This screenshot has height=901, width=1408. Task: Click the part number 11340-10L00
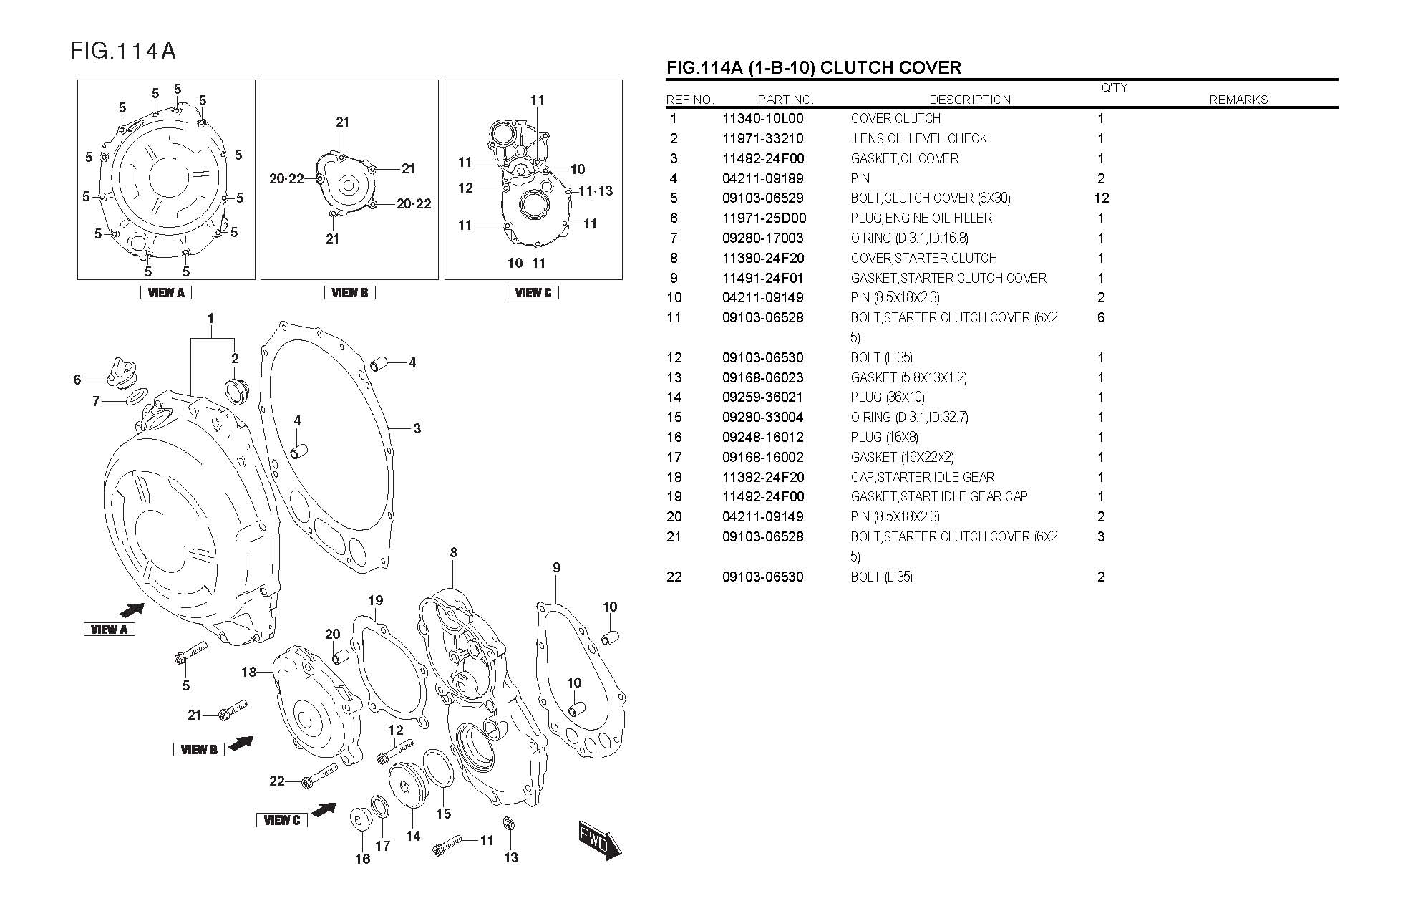[x=762, y=119]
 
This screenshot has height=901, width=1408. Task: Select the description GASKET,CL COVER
[x=904, y=159]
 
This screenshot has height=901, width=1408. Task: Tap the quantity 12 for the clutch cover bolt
[x=1101, y=198]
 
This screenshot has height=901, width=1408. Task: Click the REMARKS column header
[x=1238, y=100]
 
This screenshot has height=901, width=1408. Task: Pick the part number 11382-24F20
[x=762, y=478]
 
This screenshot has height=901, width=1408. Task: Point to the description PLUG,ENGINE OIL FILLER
[x=921, y=218]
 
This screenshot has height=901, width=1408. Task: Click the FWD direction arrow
[x=600, y=840]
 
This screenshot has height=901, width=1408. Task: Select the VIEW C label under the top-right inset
[x=533, y=292]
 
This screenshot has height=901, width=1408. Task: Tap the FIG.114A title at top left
[x=122, y=51]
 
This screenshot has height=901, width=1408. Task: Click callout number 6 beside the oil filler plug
[x=77, y=380]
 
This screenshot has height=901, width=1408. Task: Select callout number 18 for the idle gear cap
[x=248, y=672]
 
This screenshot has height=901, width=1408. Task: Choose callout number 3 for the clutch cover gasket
[x=417, y=429]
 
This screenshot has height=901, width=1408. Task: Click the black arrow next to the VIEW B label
[x=241, y=743]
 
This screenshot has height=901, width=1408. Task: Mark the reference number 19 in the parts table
[x=674, y=497]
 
